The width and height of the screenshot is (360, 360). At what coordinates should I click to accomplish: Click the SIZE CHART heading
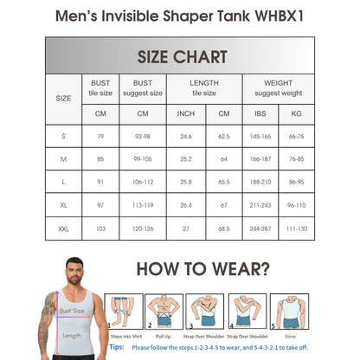click(x=182, y=57)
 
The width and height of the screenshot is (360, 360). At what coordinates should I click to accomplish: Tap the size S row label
click(x=63, y=136)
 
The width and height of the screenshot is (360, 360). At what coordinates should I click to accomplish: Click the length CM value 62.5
click(x=224, y=136)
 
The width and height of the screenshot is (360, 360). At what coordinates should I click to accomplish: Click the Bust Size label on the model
click(x=71, y=309)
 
